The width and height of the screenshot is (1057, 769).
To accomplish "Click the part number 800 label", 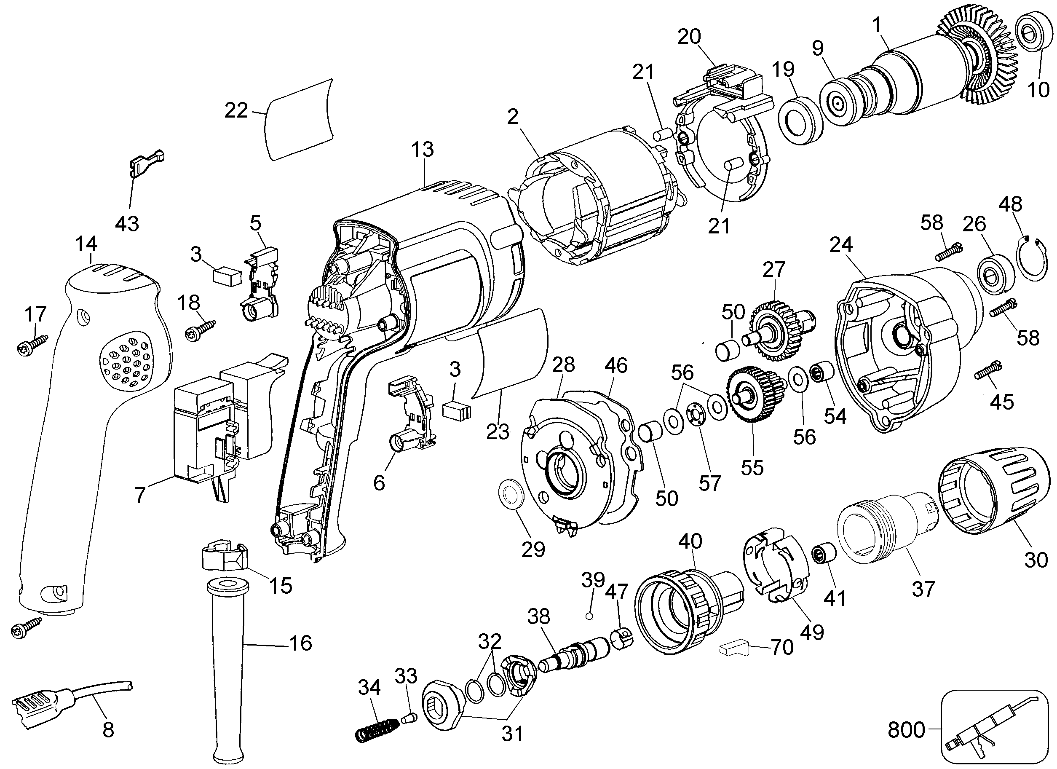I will click(x=905, y=730).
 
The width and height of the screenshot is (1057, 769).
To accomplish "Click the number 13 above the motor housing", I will click(x=422, y=150).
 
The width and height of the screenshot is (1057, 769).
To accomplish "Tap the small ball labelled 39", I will click(x=589, y=616).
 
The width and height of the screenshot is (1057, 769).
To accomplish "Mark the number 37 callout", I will click(x=923, y=589).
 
